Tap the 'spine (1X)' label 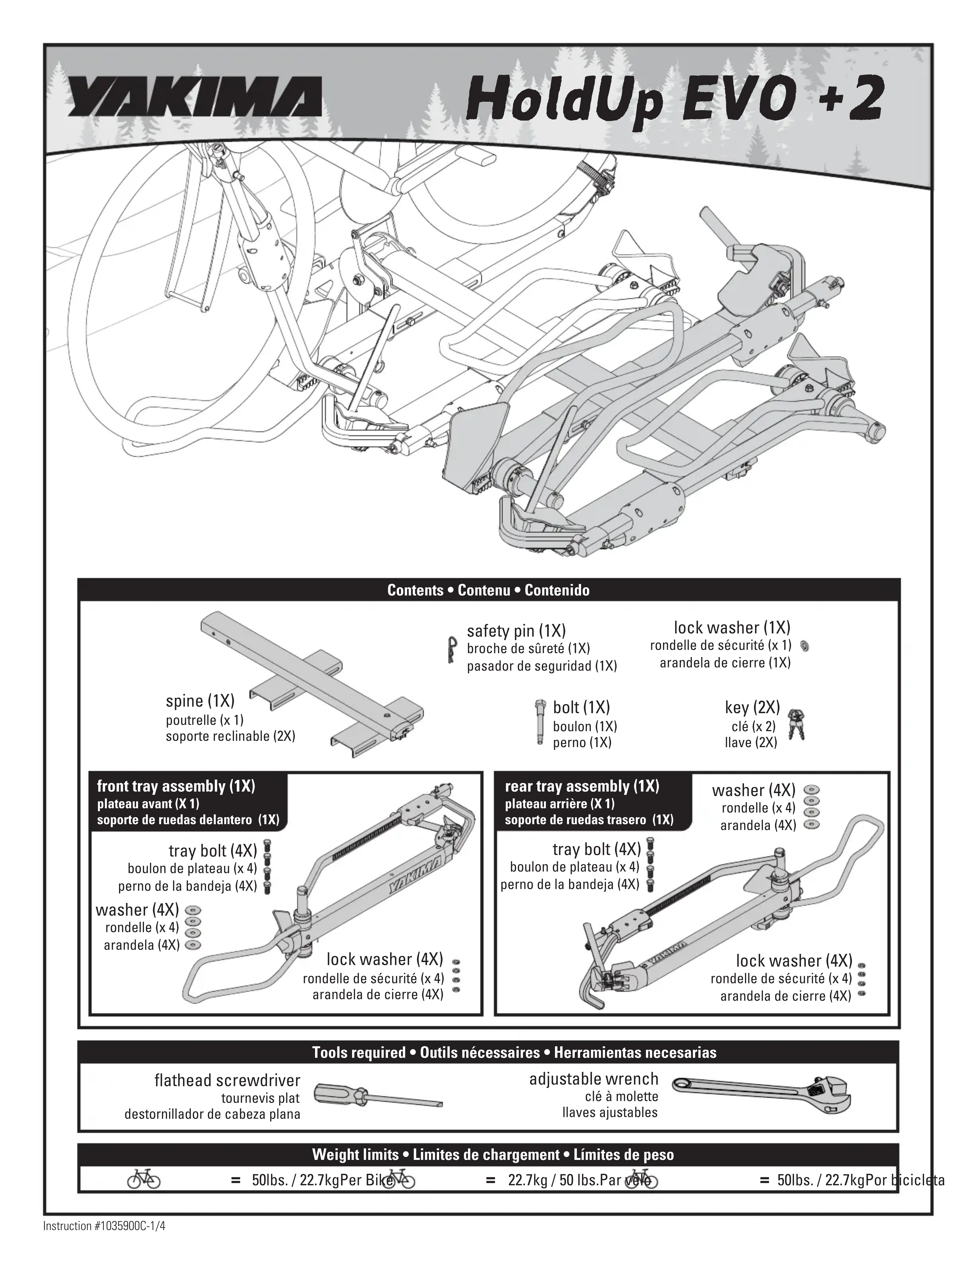(200, 701)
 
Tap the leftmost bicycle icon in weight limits (143, 1180)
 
